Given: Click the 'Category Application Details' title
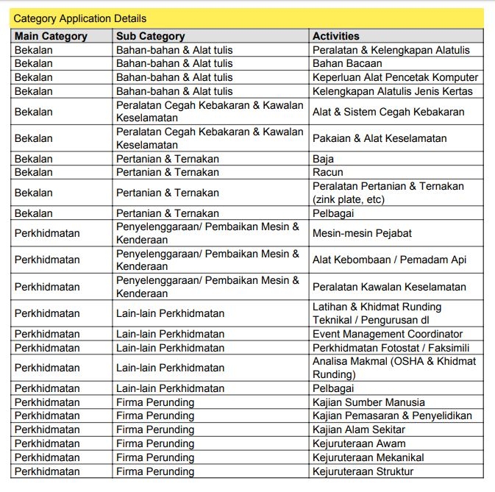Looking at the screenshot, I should click(x=80, y=18).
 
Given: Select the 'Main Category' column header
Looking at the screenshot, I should click(x=51, y=36).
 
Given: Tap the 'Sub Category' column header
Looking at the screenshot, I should click(x=150, y=36).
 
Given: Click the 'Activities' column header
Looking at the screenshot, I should click(x=336, y=36).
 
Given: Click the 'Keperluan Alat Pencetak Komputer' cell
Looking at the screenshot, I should click(x=395, y=77).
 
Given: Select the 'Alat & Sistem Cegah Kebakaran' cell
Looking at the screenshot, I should click(x=388, y=112).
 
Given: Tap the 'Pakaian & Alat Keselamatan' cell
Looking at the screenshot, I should click(x=380, y=138).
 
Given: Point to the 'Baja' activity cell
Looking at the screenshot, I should click(x=323, y=159).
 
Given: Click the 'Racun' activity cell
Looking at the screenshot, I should click(x=327, y=172).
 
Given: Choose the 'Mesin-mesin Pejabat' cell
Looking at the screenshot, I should click(x=362, y=233).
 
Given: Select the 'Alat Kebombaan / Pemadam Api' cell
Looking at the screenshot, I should click(x=389, y=260).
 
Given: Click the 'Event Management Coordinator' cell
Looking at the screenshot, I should click(x=388, y=334).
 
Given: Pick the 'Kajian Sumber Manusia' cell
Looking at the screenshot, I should click(x=368, y=402).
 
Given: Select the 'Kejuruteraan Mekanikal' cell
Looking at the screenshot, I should click(x=368, y=457).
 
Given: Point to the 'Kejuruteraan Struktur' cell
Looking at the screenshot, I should click(x=363, y=471).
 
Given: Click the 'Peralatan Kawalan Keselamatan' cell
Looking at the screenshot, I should click(x=389, y=287).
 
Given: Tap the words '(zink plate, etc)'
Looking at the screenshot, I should click(x=349, y=199).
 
